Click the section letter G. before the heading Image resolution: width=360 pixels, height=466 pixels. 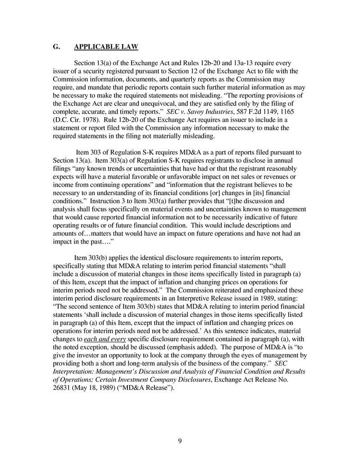[x=56, y=47]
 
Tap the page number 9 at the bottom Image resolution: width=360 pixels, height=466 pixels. [x=180, y=441]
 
